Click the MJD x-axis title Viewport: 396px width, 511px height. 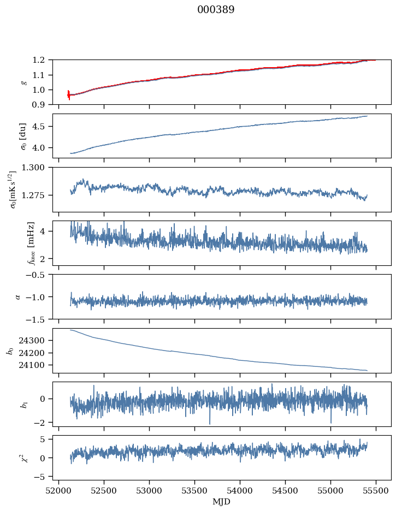222,502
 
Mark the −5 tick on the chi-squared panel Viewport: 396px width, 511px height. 42,477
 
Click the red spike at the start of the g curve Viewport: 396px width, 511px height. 69,95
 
